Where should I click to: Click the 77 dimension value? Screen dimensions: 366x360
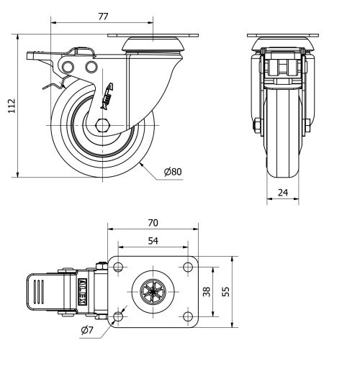(102, 14)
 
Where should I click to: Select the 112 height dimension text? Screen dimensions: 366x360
(10, 106)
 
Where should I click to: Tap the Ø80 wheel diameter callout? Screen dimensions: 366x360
(172, 173)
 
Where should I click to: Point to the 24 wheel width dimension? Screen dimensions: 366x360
(283, 193)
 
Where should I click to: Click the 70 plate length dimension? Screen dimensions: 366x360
(153, 223)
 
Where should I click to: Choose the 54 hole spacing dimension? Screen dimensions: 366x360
(153, 241)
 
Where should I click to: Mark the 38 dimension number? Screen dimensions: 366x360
(207, 292)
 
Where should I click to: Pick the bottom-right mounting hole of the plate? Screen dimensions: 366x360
(187, 316)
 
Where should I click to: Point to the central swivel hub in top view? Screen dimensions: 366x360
(153, 292)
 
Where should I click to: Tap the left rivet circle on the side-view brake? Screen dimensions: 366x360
(68, 67)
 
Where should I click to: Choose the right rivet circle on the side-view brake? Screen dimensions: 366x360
(91, 67)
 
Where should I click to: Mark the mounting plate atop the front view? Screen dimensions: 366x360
(283, 36)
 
